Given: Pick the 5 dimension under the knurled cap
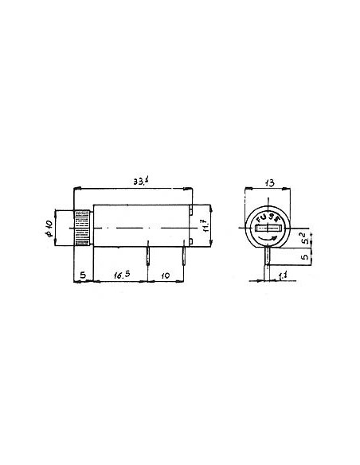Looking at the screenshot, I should (x=82, y=276).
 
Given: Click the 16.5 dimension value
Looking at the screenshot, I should (x=121, y=276).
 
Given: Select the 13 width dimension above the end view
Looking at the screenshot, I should (x=269, y=183).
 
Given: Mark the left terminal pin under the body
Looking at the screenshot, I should (x=148, y=256).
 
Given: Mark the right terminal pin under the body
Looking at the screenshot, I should (x=186, y=256).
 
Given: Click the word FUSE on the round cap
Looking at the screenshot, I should (x=270, y=217).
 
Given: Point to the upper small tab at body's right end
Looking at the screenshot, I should (x=192, y=210).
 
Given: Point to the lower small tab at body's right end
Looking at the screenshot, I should (x=192, y=243).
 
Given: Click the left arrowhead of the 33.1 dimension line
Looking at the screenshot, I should (x=76, y=190).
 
